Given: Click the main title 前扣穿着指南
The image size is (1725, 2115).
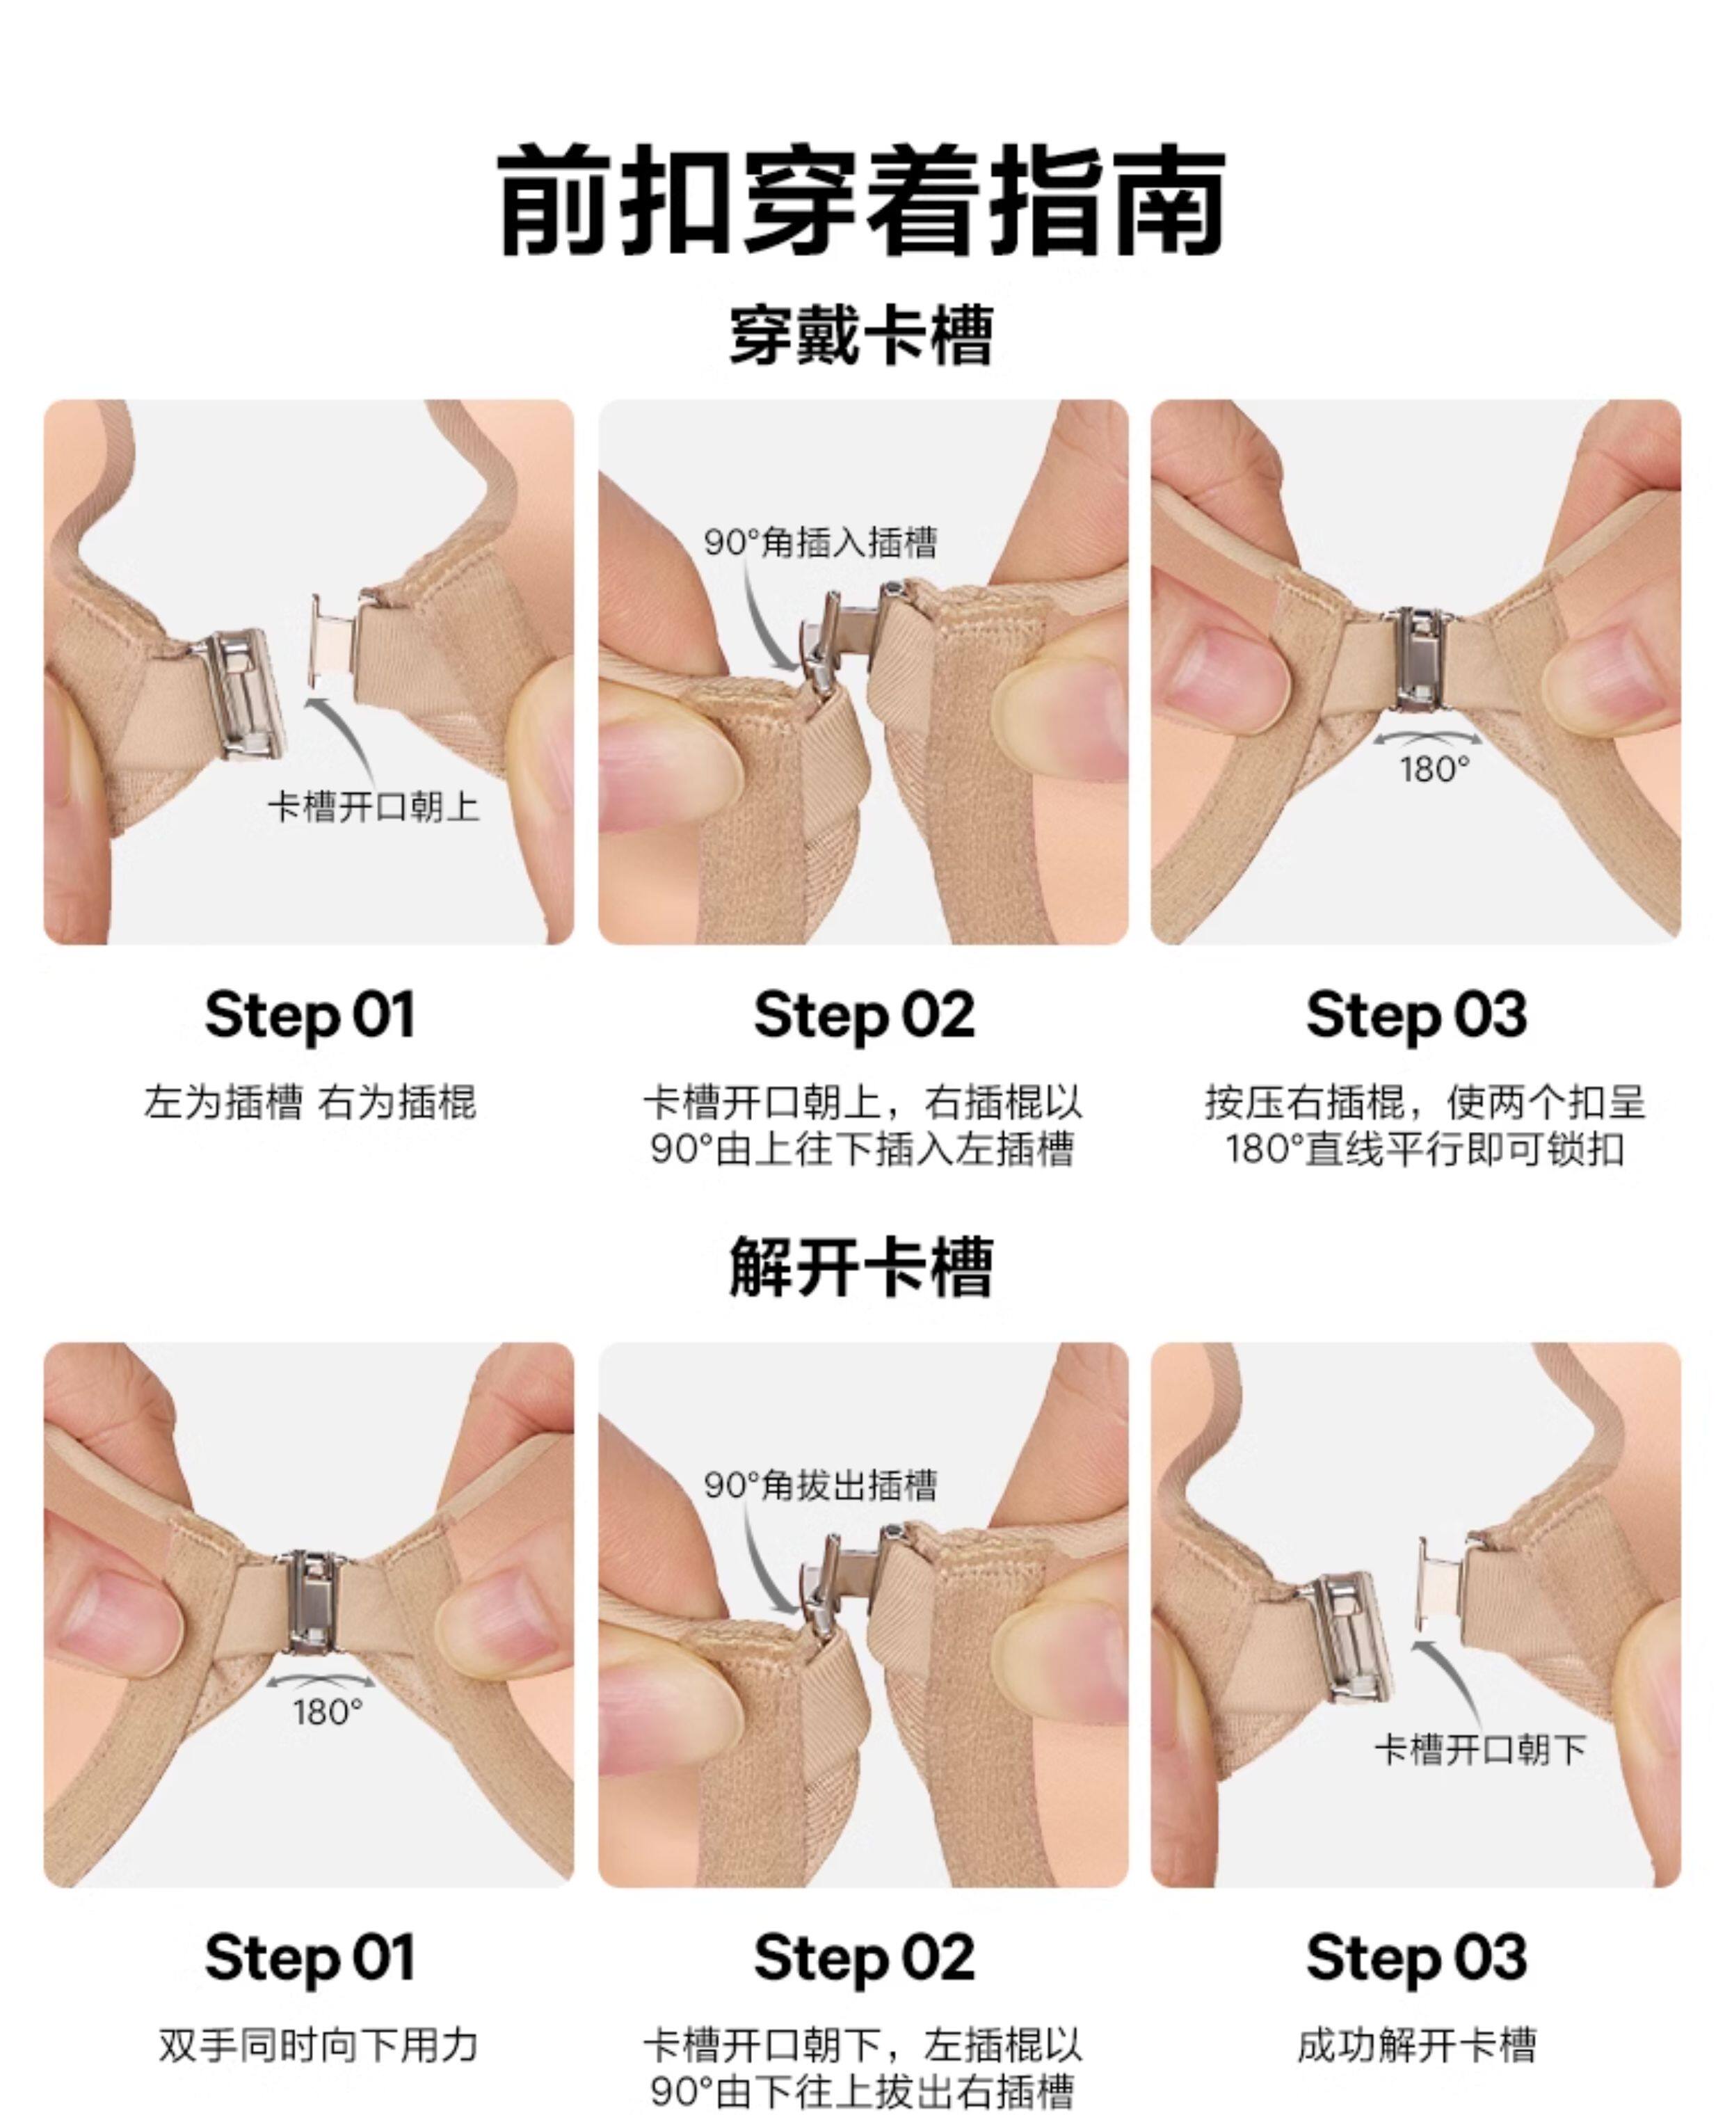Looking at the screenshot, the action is click(862, 202).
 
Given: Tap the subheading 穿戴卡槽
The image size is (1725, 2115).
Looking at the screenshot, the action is click(862, 336).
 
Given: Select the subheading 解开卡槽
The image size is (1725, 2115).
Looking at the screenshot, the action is click(862, 1267).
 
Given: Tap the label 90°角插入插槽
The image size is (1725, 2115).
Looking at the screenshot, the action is click(821, 543).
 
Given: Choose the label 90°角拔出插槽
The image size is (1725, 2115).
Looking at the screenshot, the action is click(821, 1485).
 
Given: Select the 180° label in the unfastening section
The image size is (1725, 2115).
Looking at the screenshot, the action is click(328, 1712).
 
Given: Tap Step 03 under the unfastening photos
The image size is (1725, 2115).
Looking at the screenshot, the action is click(1416, 1958).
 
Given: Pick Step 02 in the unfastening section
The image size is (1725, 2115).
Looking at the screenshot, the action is click(863, 1958).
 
